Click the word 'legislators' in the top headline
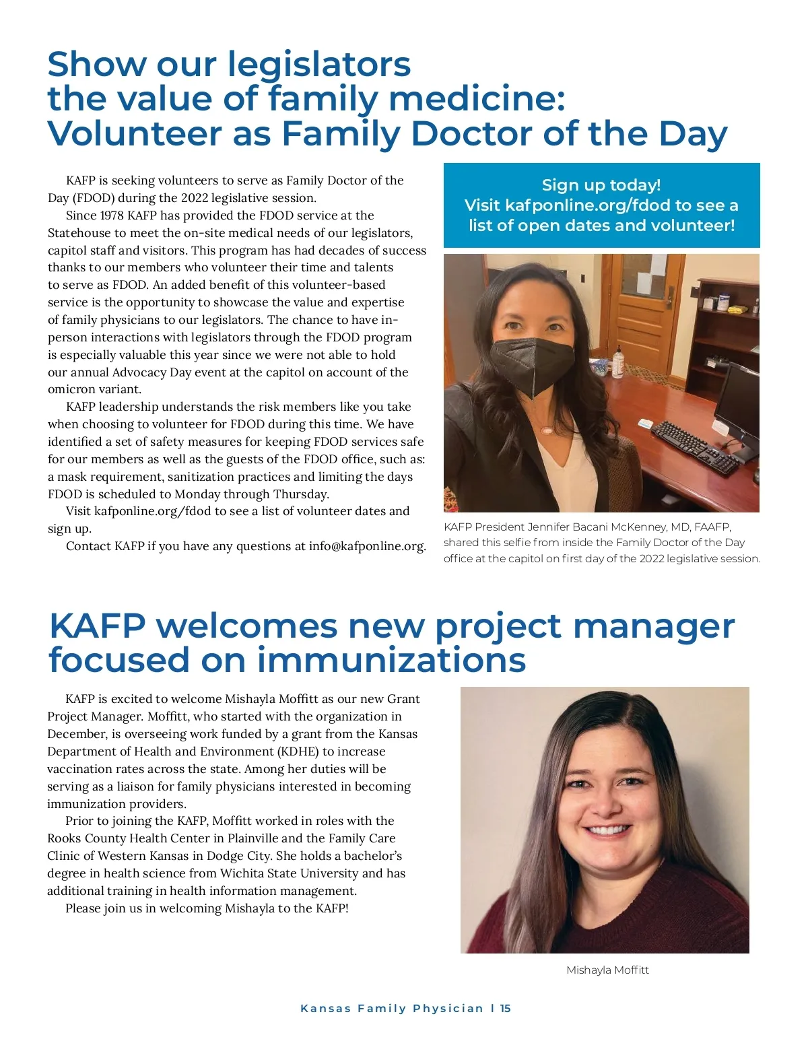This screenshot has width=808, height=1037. (318, 65)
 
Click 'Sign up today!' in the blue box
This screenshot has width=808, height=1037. (601, 185)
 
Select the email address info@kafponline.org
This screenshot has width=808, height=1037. (367, 546)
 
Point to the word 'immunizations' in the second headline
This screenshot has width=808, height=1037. (391, 660)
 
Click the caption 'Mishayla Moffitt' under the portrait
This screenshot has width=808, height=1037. (607, 970)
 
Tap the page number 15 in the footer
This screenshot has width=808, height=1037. (506, 1008)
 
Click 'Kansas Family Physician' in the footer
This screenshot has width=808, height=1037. (392, 1008)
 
